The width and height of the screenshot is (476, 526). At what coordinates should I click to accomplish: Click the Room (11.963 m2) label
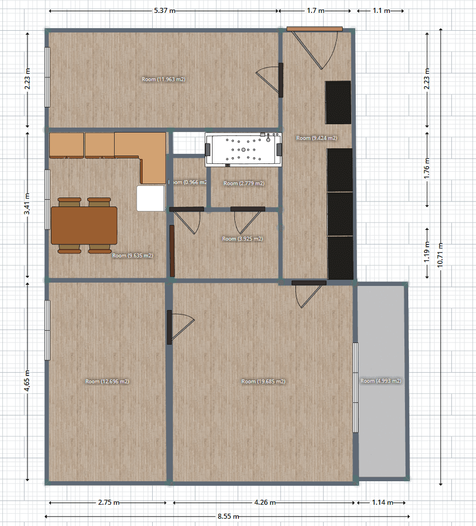click(x=163, y=79)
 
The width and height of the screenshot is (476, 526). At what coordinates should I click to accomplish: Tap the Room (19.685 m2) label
click(x=263, y=382)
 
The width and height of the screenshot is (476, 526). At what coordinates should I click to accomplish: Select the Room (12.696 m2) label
click(x=107, y=382)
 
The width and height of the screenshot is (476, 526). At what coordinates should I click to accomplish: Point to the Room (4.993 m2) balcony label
click(x=381, y=381)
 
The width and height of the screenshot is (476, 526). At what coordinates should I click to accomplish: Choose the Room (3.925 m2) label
click(x=242, y=239)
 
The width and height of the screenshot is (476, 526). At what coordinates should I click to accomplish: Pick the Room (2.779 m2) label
click(x=244, y=184)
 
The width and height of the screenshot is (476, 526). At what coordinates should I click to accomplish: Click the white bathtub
click(x=244, y=150)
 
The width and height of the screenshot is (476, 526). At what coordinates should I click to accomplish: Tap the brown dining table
click(x=84, y=226)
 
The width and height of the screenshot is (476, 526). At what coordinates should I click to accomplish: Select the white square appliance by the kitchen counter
click(x=150, y=198)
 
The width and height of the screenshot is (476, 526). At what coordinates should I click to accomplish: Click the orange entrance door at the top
click(x=314, y=29)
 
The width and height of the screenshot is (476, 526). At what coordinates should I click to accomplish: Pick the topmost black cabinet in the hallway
click(x=338, y=102)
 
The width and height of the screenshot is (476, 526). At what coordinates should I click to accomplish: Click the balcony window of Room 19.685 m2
click(x=355, y=387)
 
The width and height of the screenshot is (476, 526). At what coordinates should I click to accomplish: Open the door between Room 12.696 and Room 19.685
click(x=169, y=327)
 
